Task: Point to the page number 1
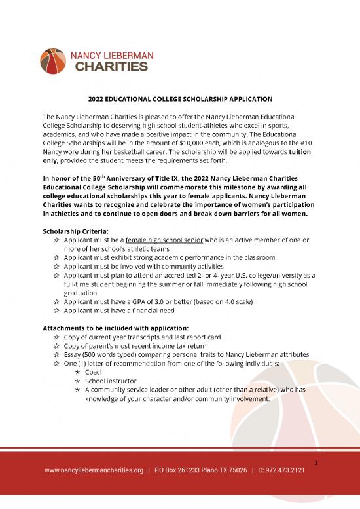[x=315, y=464]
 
